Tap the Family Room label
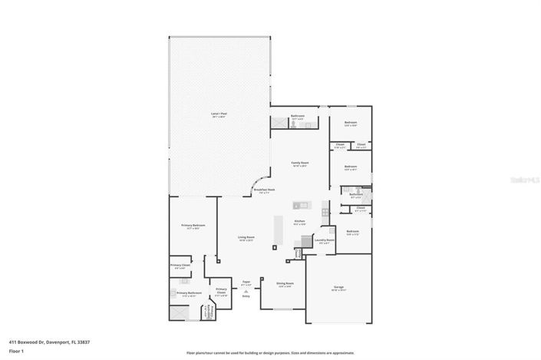[299, 163]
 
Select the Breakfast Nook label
[264, 190]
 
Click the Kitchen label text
[300, 221]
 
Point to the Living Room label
[246, 238]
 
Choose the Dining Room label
[285, 283]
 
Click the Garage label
[338, 287]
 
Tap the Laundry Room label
[325, 239]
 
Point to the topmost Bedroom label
[351, 123]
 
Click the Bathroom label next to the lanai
[297, 117]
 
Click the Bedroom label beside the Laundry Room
[352, 232]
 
